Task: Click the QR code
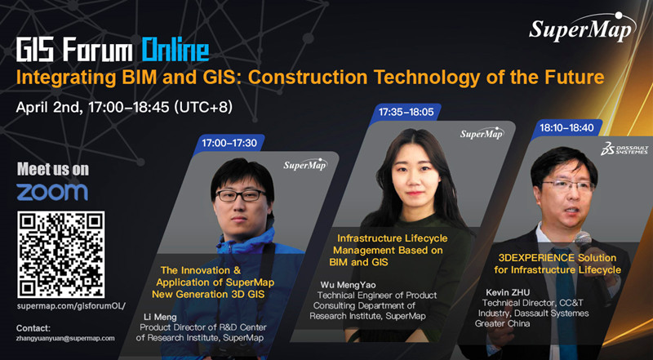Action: click(60, 255)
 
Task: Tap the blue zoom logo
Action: click(52, 192)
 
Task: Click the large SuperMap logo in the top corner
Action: click(583, 27)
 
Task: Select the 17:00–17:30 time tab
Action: click(229, 143)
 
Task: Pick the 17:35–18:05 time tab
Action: click(406, 112)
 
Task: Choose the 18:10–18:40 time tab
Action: click(566, 128)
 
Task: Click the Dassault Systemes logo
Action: click(624, 149)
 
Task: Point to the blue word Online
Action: click(175, 49)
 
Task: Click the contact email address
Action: click(65, 338)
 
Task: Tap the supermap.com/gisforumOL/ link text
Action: click(71, 306)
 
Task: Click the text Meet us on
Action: click(53, 170)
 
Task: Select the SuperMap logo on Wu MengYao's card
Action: click(482, 133)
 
